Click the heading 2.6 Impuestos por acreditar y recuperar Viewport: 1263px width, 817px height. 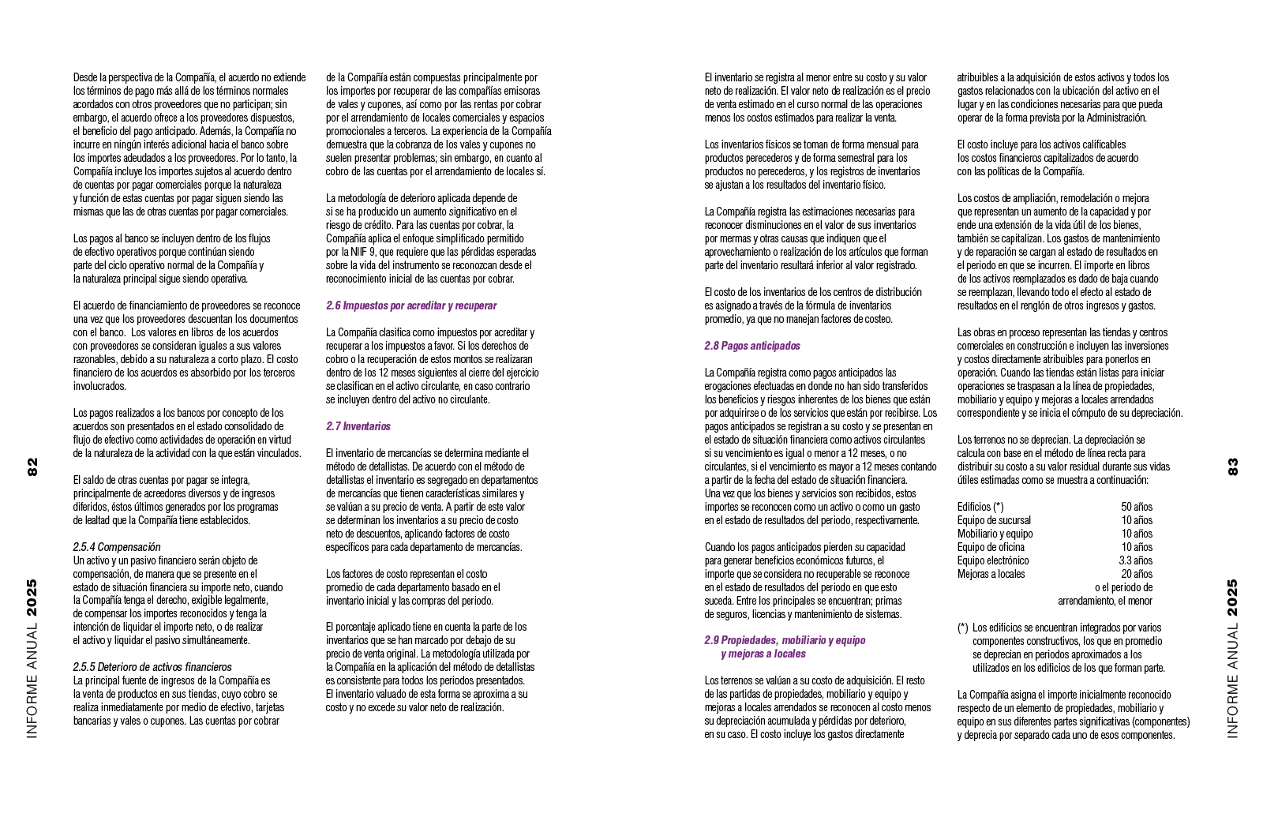click(x=411, y=305)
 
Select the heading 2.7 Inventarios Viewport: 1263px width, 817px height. click(x=358, y=426)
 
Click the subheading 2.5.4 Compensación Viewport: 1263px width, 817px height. click(x=117, y=547)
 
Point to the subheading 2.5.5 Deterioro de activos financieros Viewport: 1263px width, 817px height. click(x=152, y=667)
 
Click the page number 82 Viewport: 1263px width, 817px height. click(x=32, y=467)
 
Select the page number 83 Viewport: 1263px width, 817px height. click(x=1232, y=467)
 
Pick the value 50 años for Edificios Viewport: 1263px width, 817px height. click(x=1137, y=507)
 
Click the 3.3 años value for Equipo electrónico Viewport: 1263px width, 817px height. click(x=1135, y=560)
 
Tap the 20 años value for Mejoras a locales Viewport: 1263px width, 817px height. click(x=1137, y=574)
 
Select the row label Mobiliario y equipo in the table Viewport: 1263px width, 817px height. click(x=995, y=534)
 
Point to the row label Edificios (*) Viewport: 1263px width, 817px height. click(x=980, y=507)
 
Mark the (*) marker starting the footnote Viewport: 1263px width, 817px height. click(x=962, y=628)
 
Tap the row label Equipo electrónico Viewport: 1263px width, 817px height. click(x=993, y=560)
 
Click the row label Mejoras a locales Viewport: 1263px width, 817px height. click(x=991, y=574)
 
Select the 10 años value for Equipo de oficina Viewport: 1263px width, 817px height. click(x=1137, y=547)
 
